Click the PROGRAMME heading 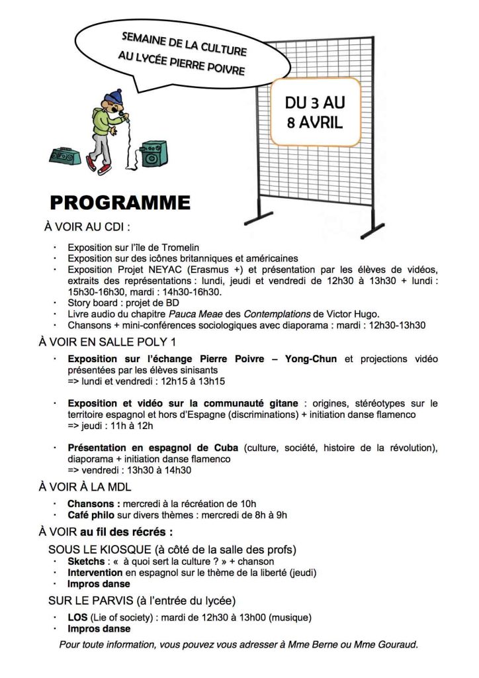[x=120, y=203]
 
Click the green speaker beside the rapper [x=153, y=154]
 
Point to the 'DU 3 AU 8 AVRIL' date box [x=314, y=113]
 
